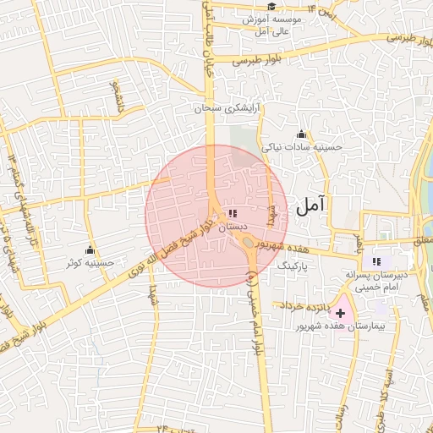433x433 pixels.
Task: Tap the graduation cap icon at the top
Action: (271, 7)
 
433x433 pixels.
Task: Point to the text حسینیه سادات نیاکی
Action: (302, 146)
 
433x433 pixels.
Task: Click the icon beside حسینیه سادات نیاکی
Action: (301, 134)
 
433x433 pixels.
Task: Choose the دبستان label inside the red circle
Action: (233, 227)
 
